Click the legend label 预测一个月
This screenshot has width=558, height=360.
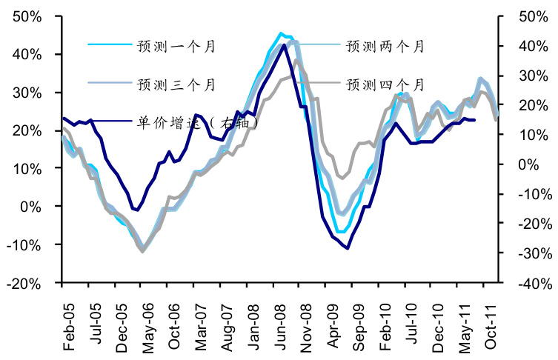176,46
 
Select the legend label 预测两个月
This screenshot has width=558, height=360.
385,46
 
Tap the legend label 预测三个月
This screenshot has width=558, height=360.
176,84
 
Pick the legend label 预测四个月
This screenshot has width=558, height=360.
385,84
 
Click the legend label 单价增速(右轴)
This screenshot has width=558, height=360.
197,122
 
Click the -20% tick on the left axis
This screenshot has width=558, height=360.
33,283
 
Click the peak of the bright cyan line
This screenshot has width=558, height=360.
281,33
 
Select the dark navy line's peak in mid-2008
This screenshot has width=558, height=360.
284,45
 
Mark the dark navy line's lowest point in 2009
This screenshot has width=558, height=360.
347,248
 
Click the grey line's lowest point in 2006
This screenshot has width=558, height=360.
142,252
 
